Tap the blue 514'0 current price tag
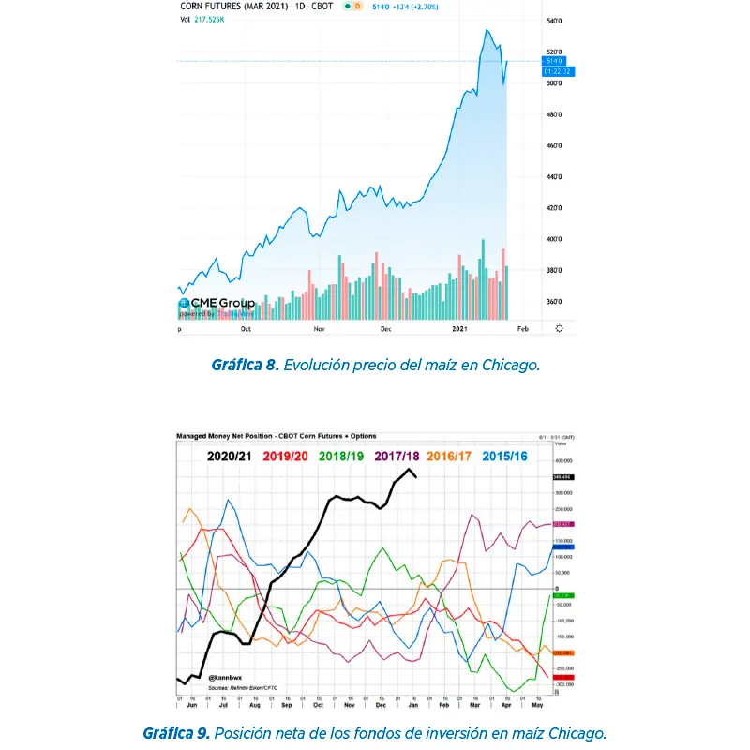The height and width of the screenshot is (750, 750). pyautogui.click(x=557, y=61)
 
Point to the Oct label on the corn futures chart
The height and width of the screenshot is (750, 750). pyautogui.click(x=247, y=329)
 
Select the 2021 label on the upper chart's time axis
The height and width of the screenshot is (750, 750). pyautogui.click(x=459, y=329)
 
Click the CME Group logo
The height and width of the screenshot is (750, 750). pyautogui.click(x=217, y=303)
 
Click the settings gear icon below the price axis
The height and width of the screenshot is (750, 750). pyautogui.click(x=560, y=329)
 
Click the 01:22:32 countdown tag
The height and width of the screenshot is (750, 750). pyautogui.click(x=557, y=71)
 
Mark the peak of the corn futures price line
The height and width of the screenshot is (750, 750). pyautogui.click(x=487, y=30)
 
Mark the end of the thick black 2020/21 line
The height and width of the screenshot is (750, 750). pyautogui.click(x=416, y=477)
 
